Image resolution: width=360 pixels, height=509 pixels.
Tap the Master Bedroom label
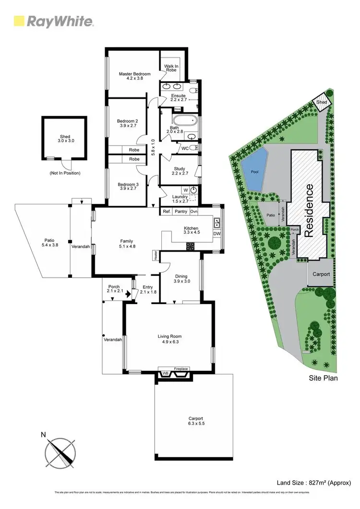135,74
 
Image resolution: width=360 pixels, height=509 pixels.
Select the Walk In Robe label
170,68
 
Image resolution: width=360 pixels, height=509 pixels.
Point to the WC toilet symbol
192,148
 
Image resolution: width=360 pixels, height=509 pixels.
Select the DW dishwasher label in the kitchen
216,234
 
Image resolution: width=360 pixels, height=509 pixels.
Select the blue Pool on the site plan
253,169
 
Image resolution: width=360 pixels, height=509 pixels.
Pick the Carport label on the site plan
321,274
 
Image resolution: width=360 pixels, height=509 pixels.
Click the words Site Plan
323,378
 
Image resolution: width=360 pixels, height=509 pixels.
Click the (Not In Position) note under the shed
65,173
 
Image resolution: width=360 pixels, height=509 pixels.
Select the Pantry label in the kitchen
181,212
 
